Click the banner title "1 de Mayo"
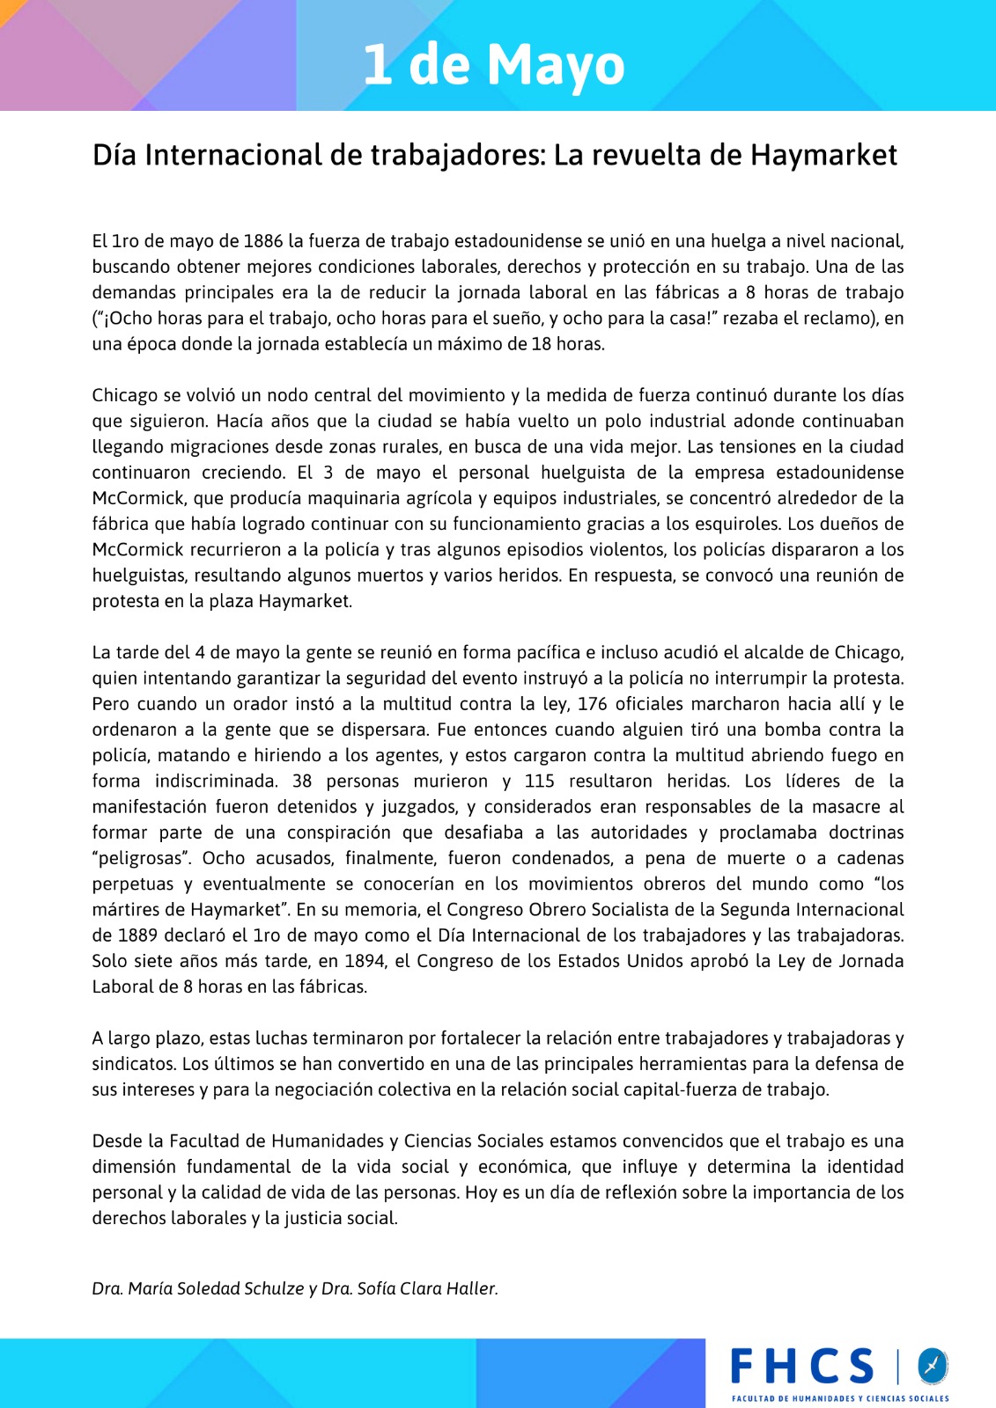[x=493, y=64]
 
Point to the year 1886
[x=263, y=241]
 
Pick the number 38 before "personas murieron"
[x=302, y=781]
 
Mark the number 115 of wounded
[x=539, y=781]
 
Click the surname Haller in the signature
[x=469, y=1288]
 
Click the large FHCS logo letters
[x=801, y=1367]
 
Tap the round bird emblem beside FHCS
[x=932, y=1366]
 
